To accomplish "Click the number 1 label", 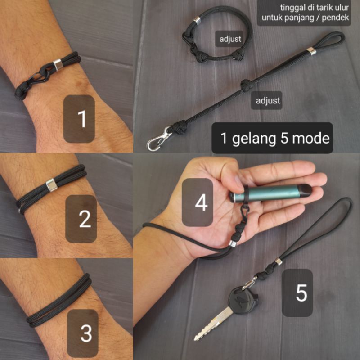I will pos(82,119).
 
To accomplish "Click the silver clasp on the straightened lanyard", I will pos(157,139).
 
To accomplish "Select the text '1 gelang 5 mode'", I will pos(275,138).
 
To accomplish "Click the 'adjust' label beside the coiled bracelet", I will pos(230,39).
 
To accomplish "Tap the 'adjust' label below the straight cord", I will pos(268,100).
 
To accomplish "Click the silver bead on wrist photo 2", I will pos(52,185).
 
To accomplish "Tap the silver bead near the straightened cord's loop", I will pos(311,52).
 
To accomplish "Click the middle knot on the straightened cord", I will pos(245,85).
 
